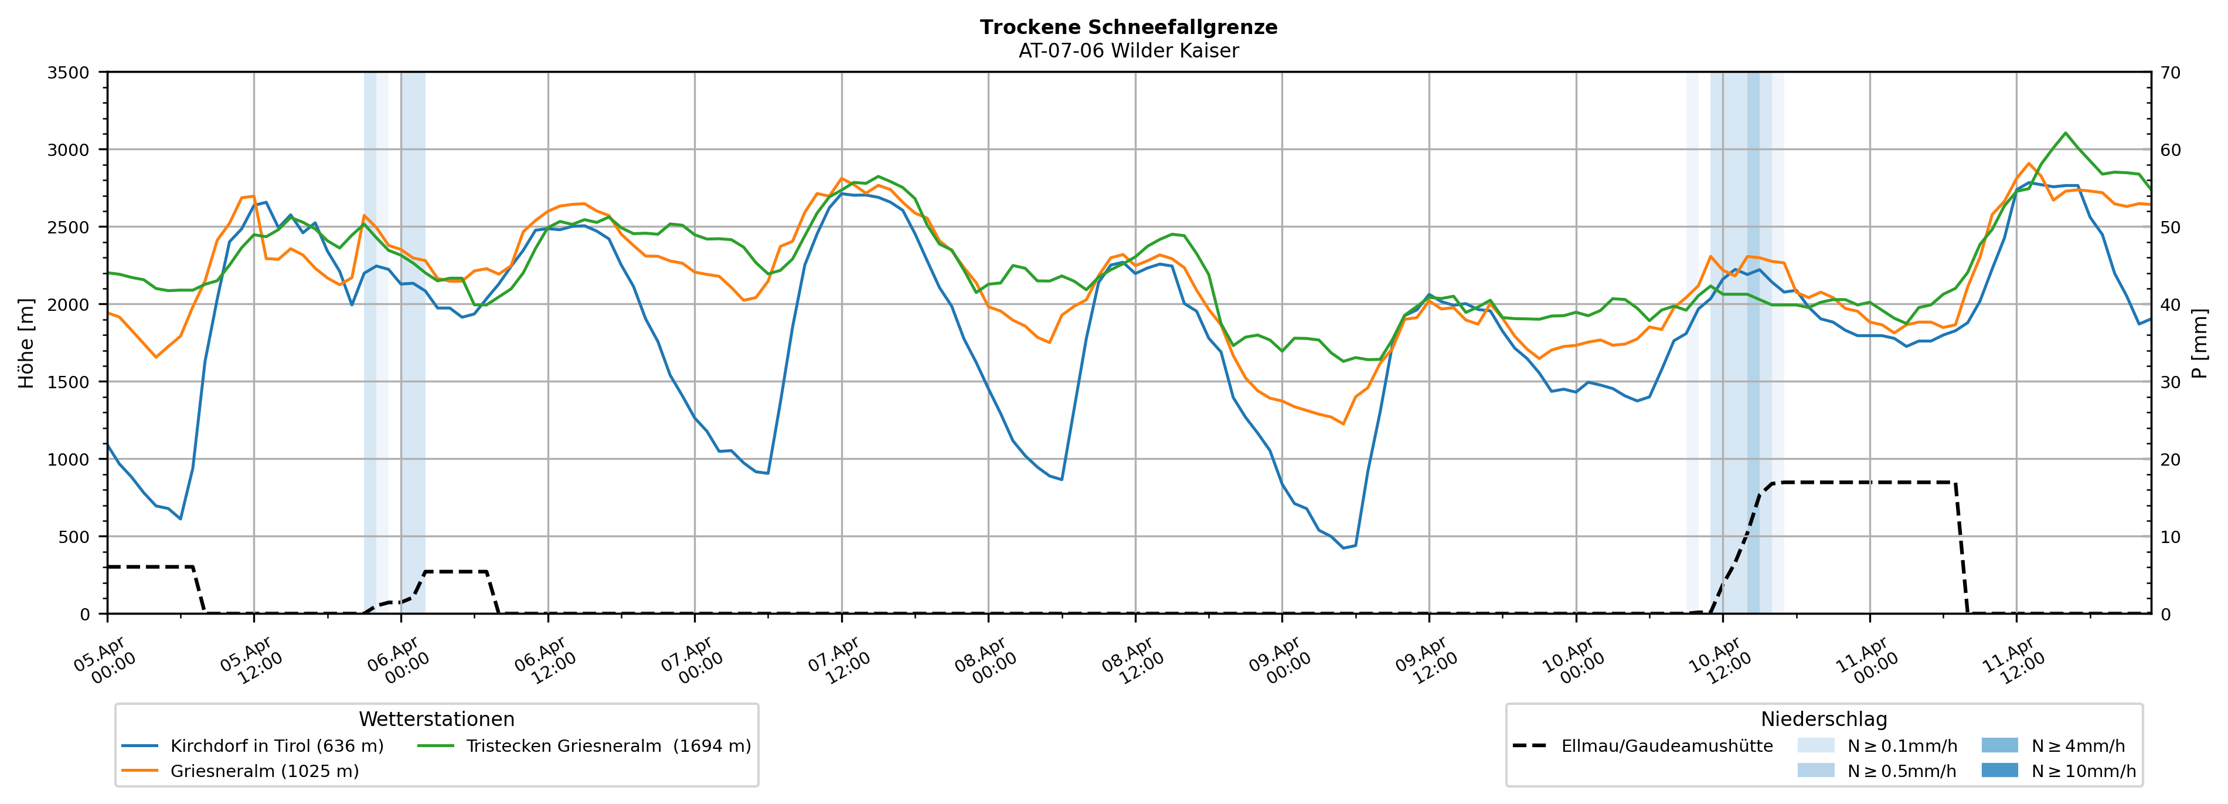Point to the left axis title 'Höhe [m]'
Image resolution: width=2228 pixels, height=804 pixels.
click(x=26, y=342)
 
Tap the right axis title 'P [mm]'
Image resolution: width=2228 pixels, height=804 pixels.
click(x=2199, y=342)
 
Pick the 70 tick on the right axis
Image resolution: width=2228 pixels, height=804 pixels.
click(x=2170, y=73)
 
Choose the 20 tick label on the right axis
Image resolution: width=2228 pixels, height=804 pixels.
click(x=2170, y=460)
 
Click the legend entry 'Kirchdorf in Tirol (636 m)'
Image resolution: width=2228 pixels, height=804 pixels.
click(x=277, y=746)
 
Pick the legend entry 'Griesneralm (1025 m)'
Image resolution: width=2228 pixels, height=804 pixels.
click(x=264, y=771)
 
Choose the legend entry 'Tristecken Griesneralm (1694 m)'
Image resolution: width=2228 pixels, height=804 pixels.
click(x=608, y=746)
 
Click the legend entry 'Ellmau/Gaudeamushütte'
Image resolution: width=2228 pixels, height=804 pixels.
click(x=1666, y=746)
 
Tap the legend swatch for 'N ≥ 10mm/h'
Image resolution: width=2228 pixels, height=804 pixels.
click(x=1999, y=770)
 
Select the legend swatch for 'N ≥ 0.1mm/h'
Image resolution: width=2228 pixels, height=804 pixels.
click(x=1815, y=745)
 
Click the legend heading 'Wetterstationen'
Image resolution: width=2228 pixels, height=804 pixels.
click(x=436, y=719)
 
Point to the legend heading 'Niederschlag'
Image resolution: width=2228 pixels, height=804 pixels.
click(x=1823, y=719)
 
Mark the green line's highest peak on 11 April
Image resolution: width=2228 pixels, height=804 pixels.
click(x=2066, y=133)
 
